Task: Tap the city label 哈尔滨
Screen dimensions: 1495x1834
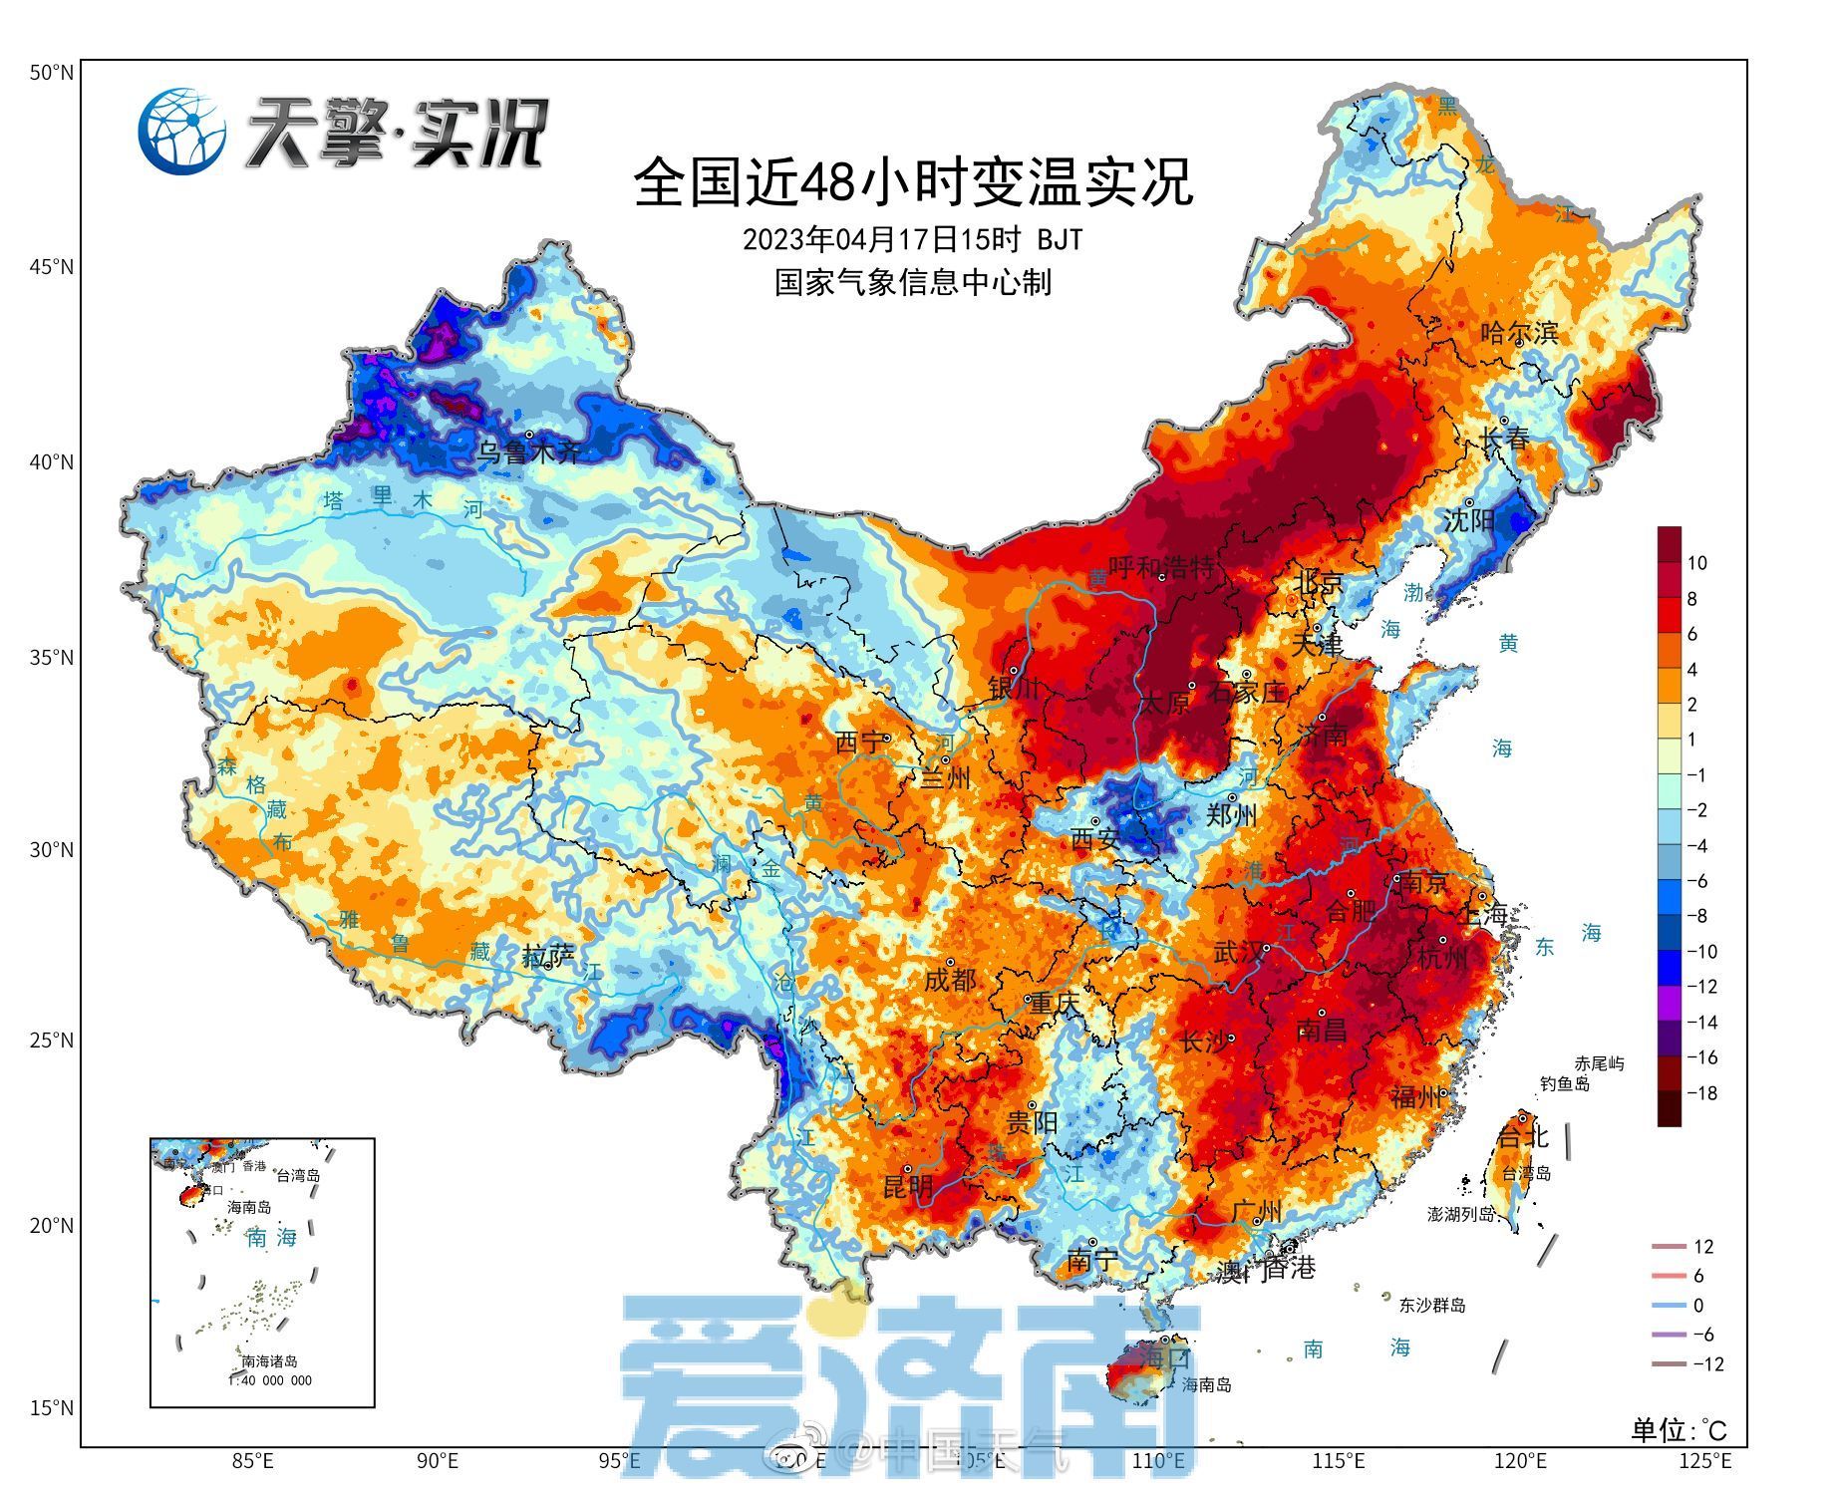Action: (x=1519, y=333)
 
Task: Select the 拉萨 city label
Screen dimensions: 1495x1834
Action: (x=548, y=957)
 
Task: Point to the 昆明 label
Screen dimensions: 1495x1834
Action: (x=908, y=1186)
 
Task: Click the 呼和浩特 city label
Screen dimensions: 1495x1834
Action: (x=1161, y=568)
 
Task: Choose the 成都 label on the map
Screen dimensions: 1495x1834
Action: (x=950, y=980)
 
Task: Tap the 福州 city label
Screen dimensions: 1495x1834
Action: (x=1416, y=1096)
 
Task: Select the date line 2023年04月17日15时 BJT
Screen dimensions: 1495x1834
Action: (x=912, y=240)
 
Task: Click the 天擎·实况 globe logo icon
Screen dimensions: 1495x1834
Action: (x=182, y=131)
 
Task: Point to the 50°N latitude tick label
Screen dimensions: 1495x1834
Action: (x=51, y=73)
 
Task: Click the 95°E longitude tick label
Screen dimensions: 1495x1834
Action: (x=619, y=1461)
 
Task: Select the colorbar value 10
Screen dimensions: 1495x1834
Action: (x=1696, y=563)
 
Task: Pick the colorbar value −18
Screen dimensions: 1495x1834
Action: (x=1700, y=1093)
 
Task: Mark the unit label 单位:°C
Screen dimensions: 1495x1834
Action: (x=1678, y=1431)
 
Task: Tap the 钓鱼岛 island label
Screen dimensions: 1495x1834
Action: (x=1564, y=1084)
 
